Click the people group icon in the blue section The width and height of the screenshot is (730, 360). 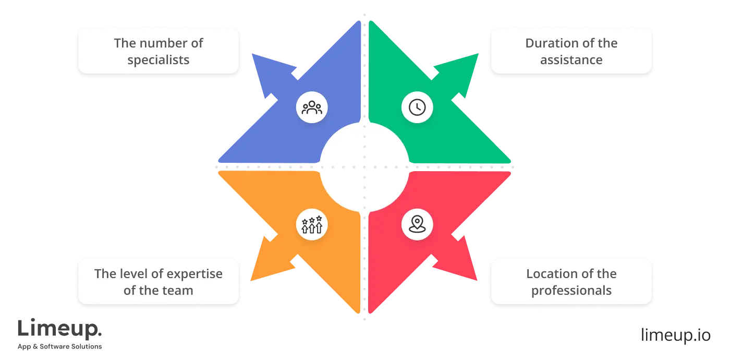(x=312, y=107)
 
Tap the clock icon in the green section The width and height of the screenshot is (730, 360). (x=417, y=107)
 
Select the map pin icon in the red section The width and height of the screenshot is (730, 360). (x=417, y=225)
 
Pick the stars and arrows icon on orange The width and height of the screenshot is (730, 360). (x=312, y=225)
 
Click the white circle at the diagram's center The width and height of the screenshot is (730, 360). (x=364, y=166)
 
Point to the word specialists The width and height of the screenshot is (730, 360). (x=159, y=60)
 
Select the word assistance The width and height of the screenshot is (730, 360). (x=571, y=60)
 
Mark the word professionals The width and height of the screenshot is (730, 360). (x=571, y=291)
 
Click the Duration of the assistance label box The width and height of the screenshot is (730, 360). (x=571, y=51)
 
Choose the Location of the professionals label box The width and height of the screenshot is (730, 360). (x=571, y=281)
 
